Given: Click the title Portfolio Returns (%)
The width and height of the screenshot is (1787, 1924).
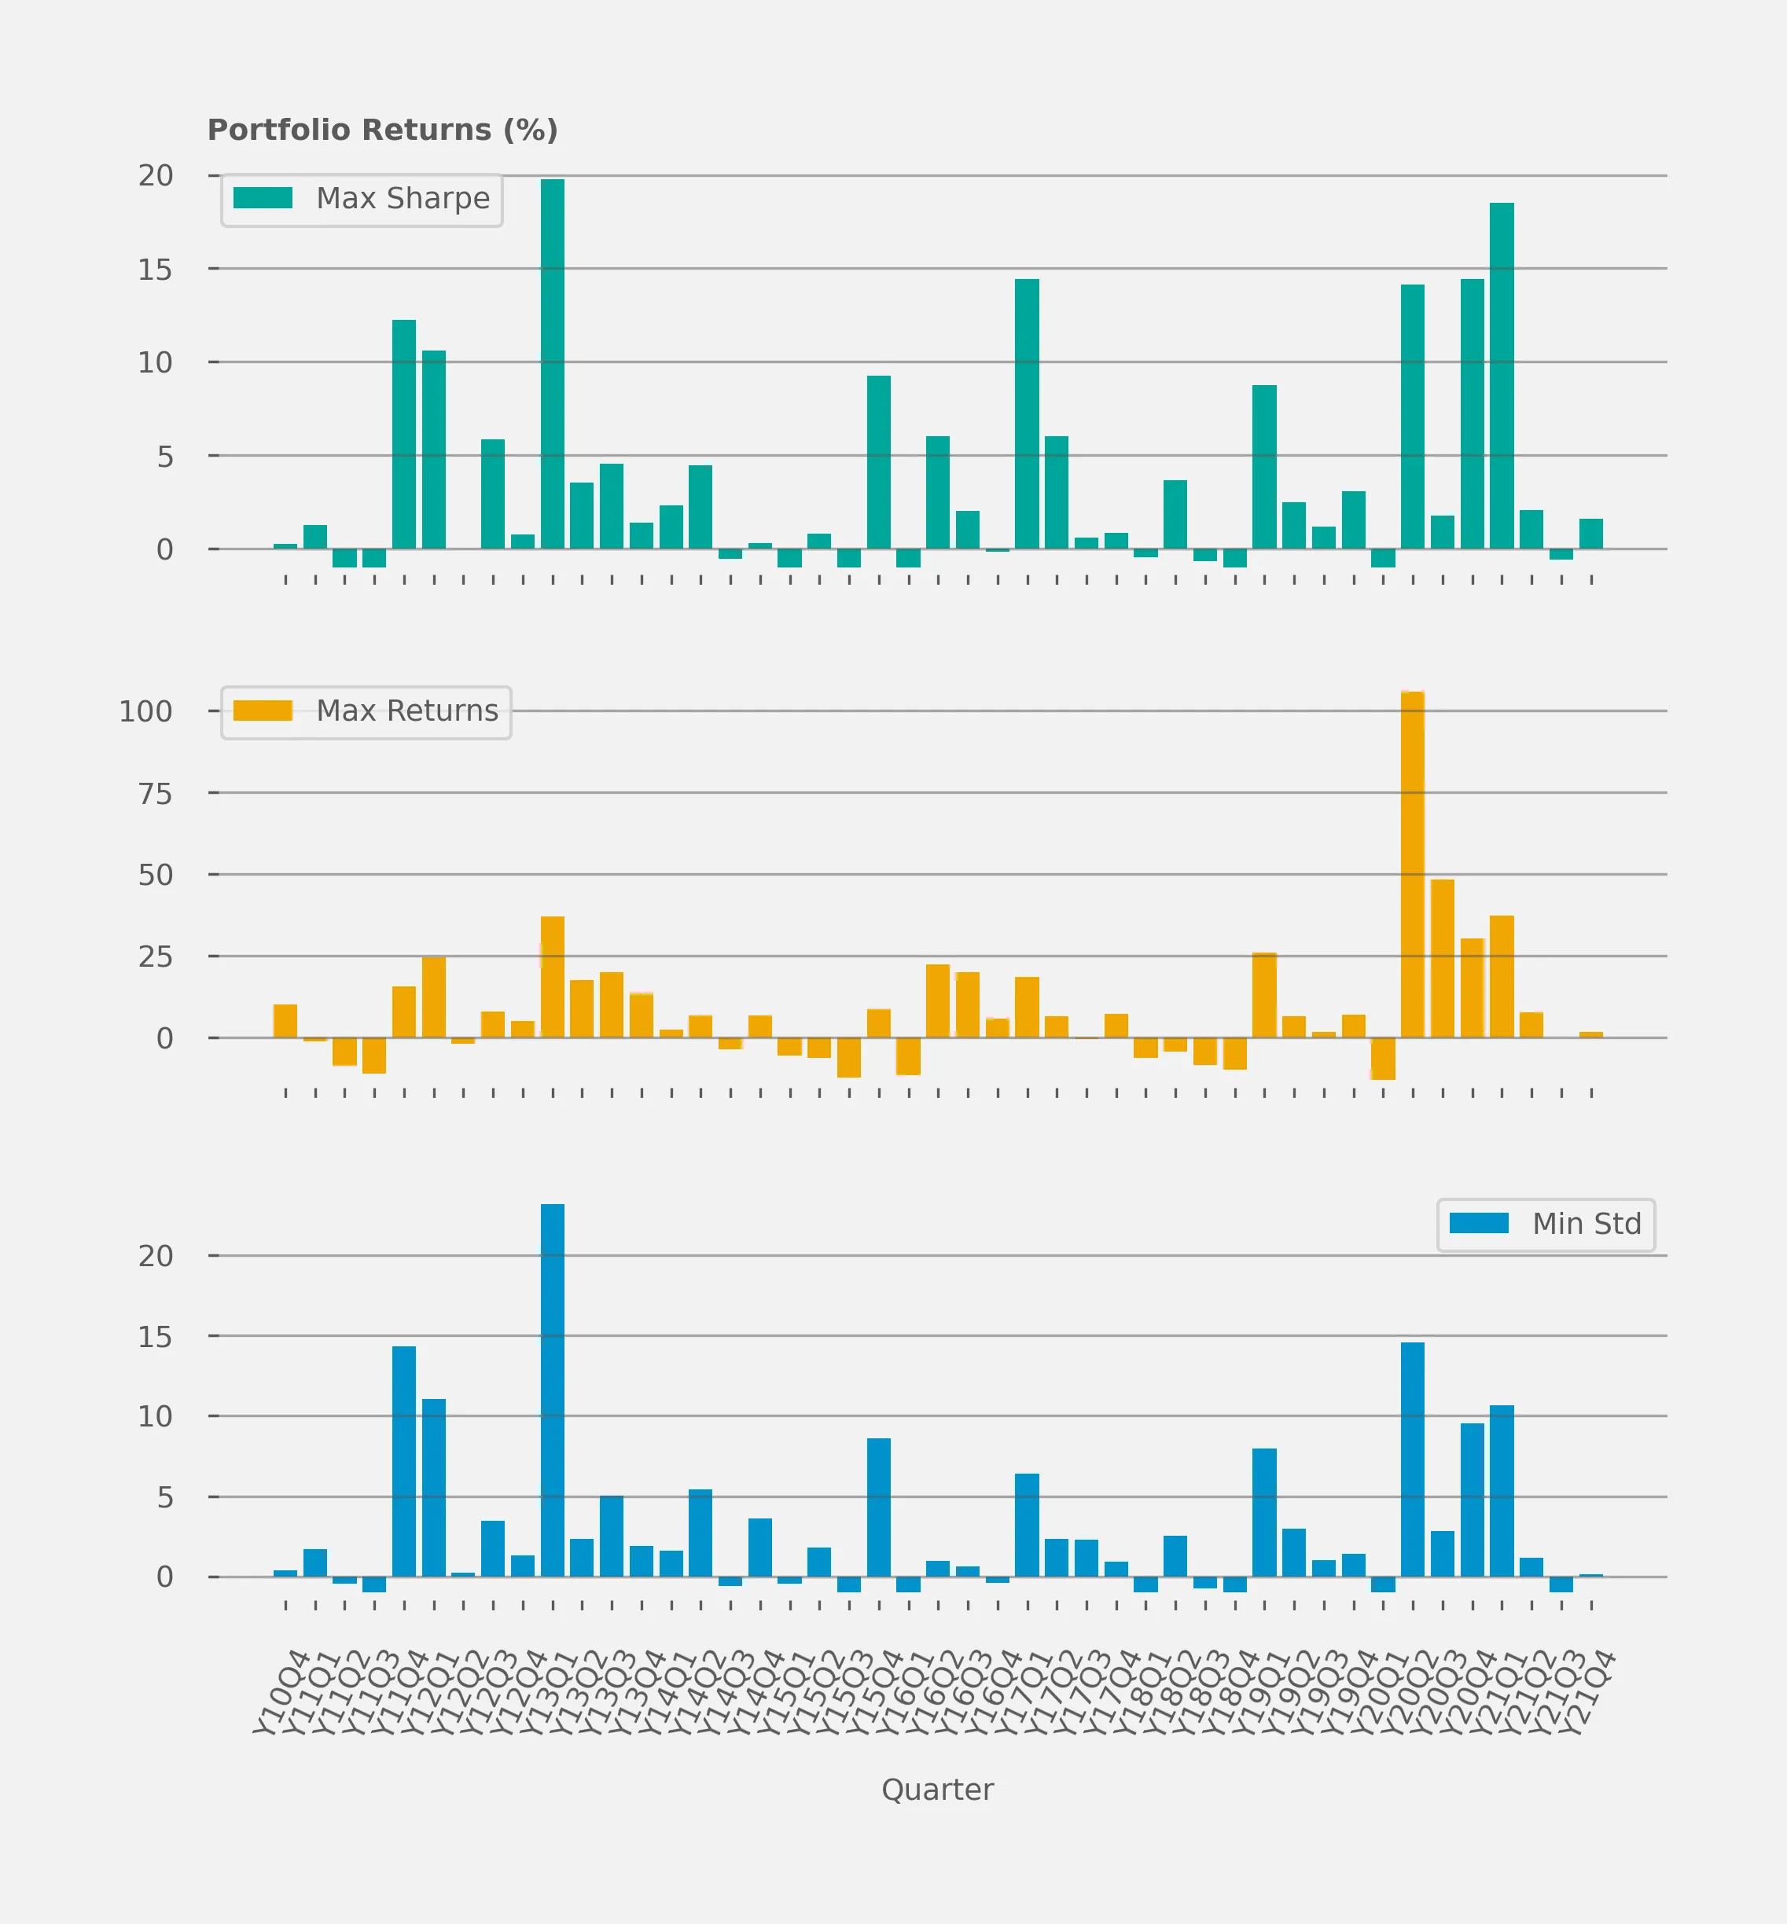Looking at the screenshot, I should pos(383,130).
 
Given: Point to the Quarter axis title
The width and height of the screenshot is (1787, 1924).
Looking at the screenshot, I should pos(937,1790).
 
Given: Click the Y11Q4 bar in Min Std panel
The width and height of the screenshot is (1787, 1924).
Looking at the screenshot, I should pos(404,1461).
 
